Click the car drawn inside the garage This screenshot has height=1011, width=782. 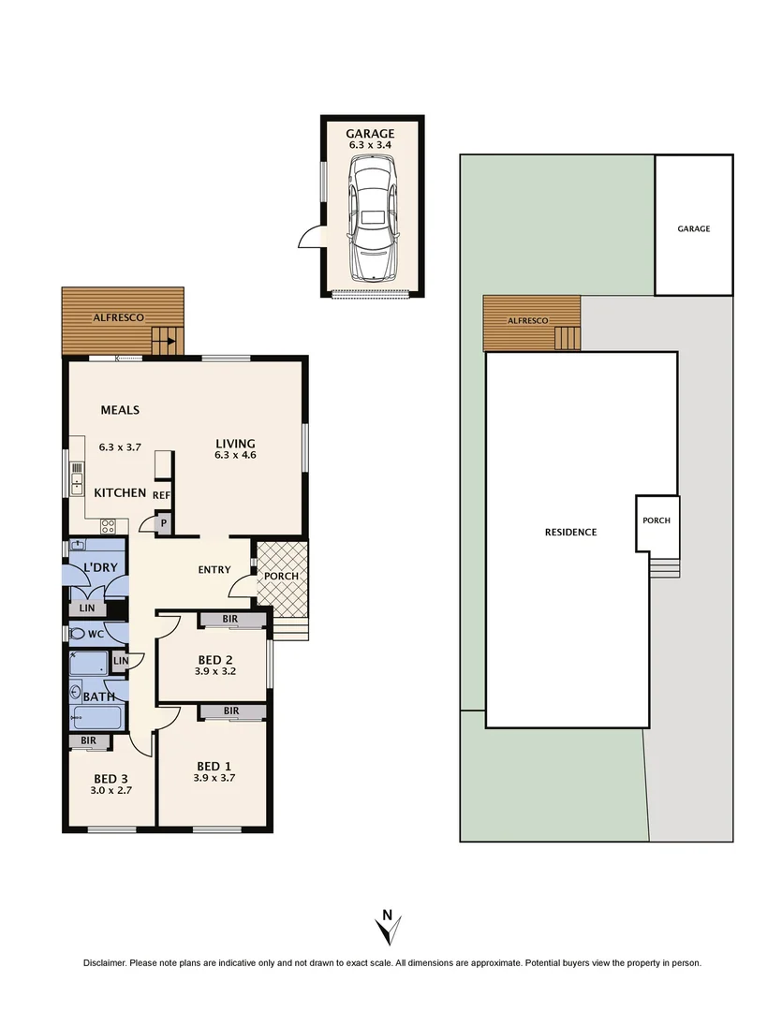pos(372,218)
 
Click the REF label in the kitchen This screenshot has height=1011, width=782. pos(162,495)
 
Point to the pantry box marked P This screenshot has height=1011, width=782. pos(163,523)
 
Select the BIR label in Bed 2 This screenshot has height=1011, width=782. pos(230,620)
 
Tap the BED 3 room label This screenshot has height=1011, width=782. pos(111,779)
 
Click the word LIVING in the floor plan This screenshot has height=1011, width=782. pos(235,444)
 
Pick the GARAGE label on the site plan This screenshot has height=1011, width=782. pos(694,228)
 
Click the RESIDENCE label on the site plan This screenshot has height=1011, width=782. pos(570,532)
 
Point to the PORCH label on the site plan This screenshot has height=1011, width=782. pos(657,520)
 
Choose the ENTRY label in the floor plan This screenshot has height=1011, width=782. pos(214,569)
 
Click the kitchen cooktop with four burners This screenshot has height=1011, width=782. pos(108,525)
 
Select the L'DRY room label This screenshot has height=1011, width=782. pos(99,568)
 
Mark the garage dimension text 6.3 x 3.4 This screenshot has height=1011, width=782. pos(371,146)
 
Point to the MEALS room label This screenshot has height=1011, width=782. pos(120,410)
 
